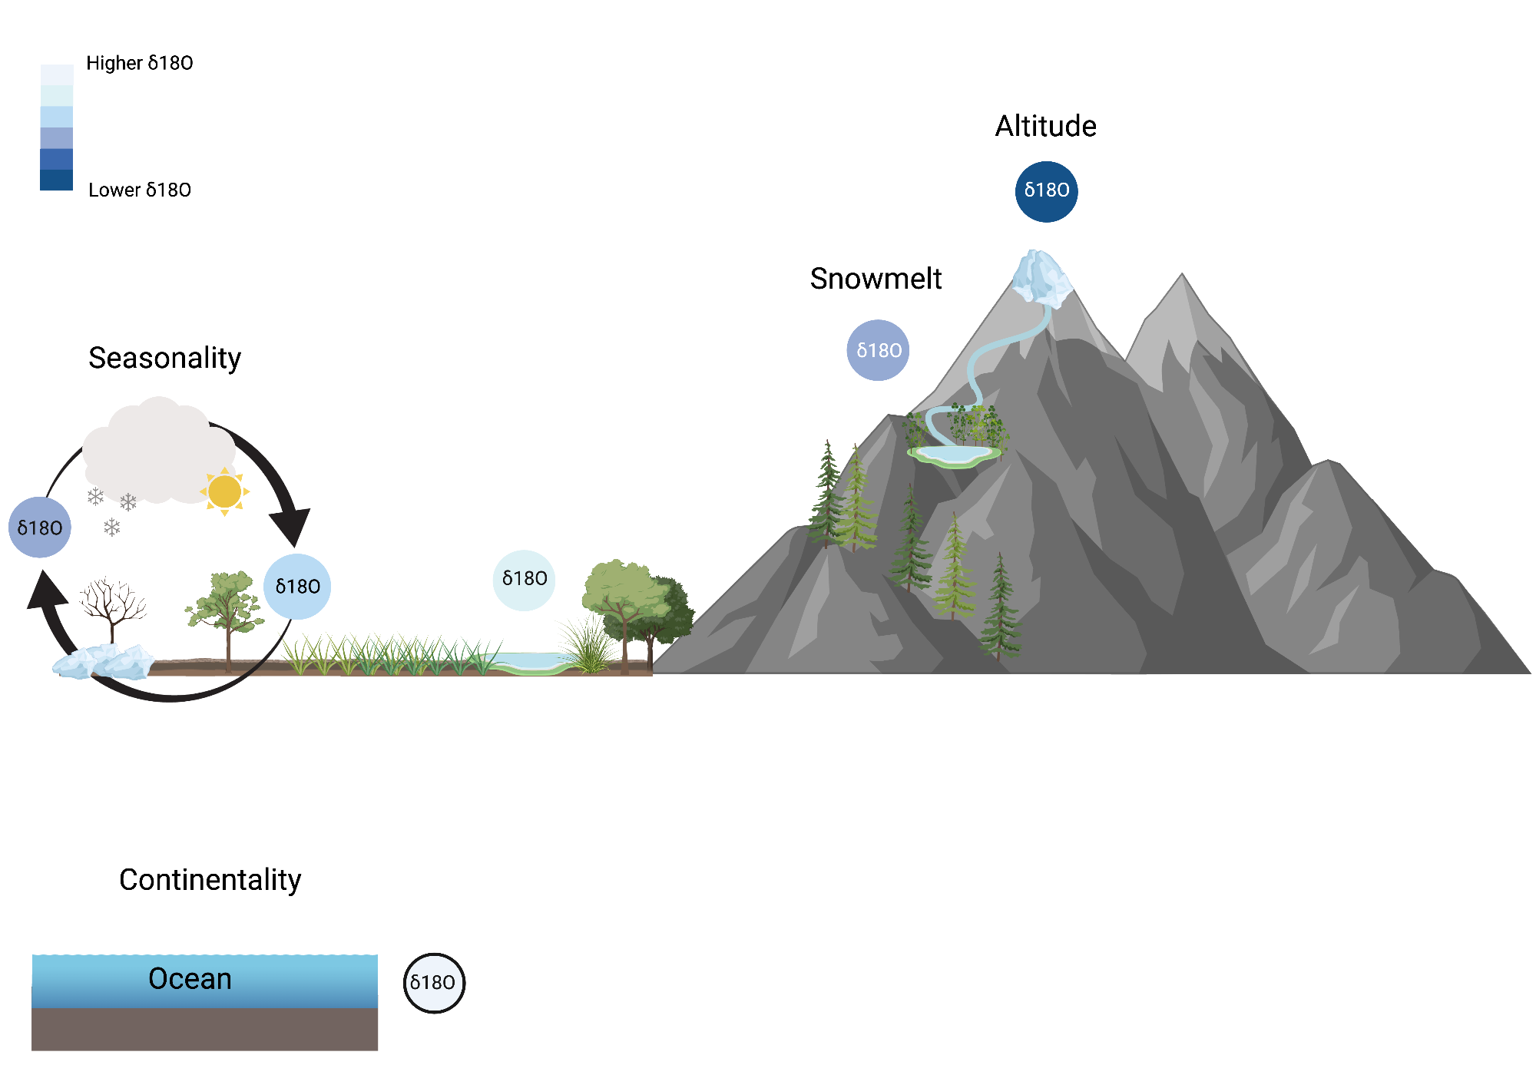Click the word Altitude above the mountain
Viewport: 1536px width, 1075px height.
point(1045,126)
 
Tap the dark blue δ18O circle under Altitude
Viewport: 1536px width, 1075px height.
point(1046,191)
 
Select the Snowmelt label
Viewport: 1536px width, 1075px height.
point(876,279)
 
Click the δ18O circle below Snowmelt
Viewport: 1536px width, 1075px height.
point(878,350)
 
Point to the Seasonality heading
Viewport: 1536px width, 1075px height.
point(164,358)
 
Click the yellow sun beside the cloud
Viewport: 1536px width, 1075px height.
point(224,491)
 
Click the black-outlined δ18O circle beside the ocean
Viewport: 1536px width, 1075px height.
point(434,983)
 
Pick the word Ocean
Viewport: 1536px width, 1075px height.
point(190,979)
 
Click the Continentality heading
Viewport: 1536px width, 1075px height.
point(210,880)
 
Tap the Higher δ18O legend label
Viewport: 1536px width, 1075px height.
point(139,63)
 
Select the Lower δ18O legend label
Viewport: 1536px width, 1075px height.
point(139,190)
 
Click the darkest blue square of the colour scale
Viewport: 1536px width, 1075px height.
point(56,180)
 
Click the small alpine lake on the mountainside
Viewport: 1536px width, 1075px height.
point(954,455)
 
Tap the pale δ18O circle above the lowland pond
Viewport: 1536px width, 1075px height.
point(524,580)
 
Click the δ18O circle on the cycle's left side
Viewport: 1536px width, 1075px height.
point(40,528)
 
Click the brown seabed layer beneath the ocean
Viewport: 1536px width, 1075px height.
point(204,1029)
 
